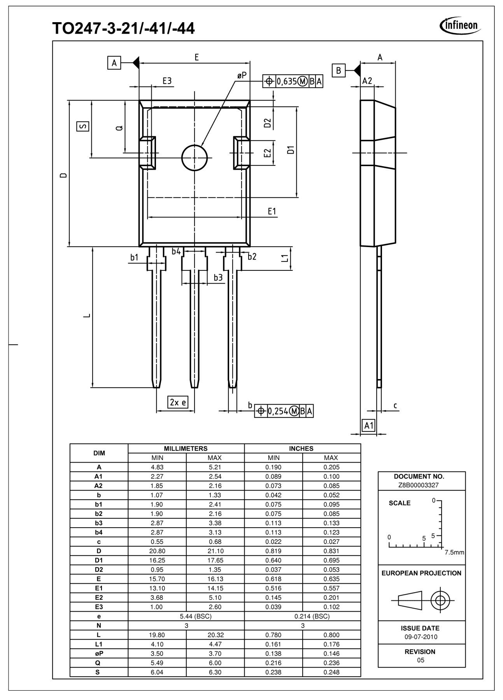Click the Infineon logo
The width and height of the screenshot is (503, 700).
click(460, 25)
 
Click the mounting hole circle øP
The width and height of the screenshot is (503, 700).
click(194, 158)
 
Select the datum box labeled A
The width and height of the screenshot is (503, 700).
click(114, 63)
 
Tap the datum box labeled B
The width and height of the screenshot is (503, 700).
click(338, 70)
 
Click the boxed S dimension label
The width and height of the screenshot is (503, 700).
click(82, 126)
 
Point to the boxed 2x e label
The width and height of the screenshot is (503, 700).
click(178, 402)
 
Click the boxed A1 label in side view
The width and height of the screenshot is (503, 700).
click(368, 425)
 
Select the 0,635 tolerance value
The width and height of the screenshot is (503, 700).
click(287, 81)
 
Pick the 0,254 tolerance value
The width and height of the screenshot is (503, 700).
click(277, 411)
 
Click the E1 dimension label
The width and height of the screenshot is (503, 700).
click(272, 211)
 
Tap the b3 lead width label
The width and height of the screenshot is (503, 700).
click(218, 277)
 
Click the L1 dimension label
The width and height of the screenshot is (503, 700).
click(285, 258)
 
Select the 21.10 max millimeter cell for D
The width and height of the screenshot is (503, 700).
click(215, 551)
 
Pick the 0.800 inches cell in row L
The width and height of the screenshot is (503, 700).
click(331, 635)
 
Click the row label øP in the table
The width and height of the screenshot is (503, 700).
click(99, 654)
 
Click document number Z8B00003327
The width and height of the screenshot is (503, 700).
click(421, 485)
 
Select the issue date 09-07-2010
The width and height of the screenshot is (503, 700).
click(421, 637)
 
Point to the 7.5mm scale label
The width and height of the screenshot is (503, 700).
click(454, 553)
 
